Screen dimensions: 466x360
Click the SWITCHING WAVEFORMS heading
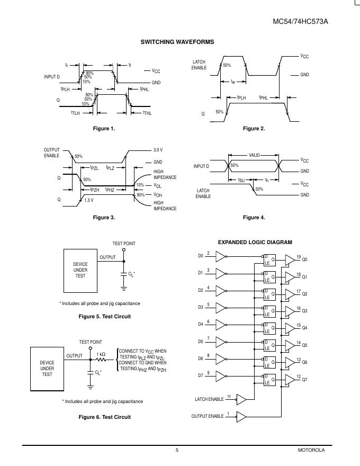tap(177, 42)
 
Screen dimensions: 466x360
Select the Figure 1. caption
tap(104, 129)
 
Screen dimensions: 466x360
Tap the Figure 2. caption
tap(254, 129)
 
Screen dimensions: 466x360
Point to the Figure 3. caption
tap(104, 218)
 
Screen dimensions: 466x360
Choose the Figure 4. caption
tap(254, 218)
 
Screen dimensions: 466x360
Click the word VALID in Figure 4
tap(255, 155)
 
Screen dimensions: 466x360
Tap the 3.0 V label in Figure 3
tap(158, 150)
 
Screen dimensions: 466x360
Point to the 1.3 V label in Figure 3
tap(89, 200)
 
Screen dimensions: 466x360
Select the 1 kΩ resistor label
tap(101, 354)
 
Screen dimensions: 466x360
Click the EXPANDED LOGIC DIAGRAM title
tap(255, 242)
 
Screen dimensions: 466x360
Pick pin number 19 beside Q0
tap(299, 256)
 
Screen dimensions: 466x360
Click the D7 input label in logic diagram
tap(201, 375)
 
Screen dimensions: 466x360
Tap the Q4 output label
tap(304, 328)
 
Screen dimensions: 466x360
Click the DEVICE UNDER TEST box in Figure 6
tap(47, 369)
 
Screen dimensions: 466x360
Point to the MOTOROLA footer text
tap(311, 450)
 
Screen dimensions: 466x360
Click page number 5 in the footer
tap(177, 450)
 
